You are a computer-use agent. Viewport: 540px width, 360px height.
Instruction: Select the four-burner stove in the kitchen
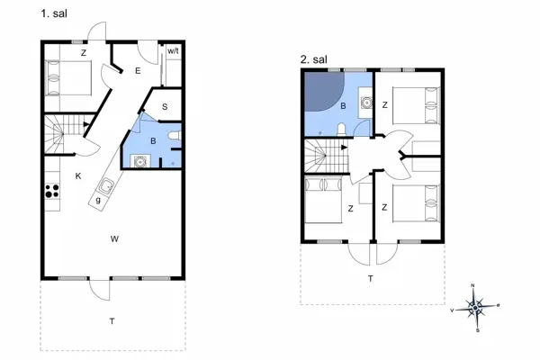pos(51,191)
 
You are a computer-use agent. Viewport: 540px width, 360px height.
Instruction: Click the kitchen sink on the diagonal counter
pos(106,186)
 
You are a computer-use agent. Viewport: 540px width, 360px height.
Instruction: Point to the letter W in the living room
pos(114,238)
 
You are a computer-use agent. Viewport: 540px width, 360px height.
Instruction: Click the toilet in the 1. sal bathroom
pos(175,138)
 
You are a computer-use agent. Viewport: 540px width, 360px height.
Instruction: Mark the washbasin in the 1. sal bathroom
pos(139,161)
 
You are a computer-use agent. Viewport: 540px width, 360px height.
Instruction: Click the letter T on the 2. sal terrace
pos(370,279)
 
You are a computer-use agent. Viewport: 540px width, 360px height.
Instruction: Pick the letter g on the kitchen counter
pos(97,200)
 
